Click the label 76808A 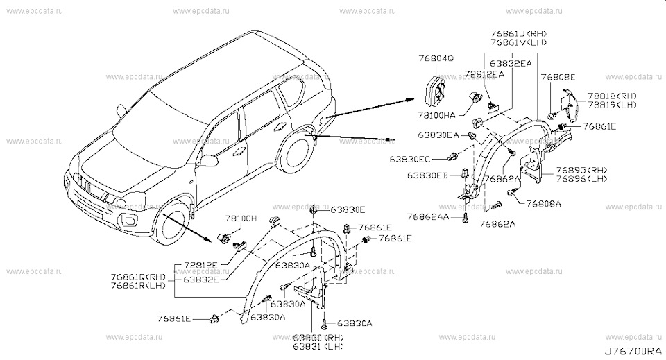pyautogui.click(x=544, y=204)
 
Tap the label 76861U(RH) pyautogui.click(x=518, y=33)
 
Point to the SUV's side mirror pyautogui.click(x=123, y=109)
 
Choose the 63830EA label pyautogui.click(x=438, y=135)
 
